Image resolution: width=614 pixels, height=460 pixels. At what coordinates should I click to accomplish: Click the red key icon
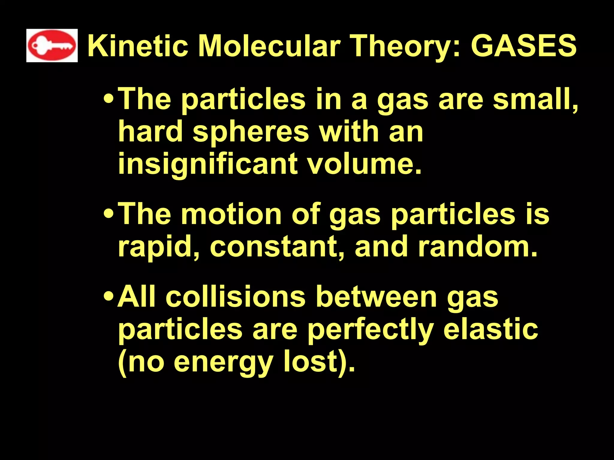[x=52, y=46]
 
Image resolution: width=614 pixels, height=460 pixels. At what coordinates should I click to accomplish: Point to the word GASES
[x=523, y=46]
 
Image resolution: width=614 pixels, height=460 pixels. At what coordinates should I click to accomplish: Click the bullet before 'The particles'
[x=108, y=99]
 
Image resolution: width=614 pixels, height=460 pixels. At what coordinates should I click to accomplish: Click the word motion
[x=231, y=214]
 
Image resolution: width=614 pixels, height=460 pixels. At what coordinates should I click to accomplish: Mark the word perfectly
[x=371, y=330]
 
